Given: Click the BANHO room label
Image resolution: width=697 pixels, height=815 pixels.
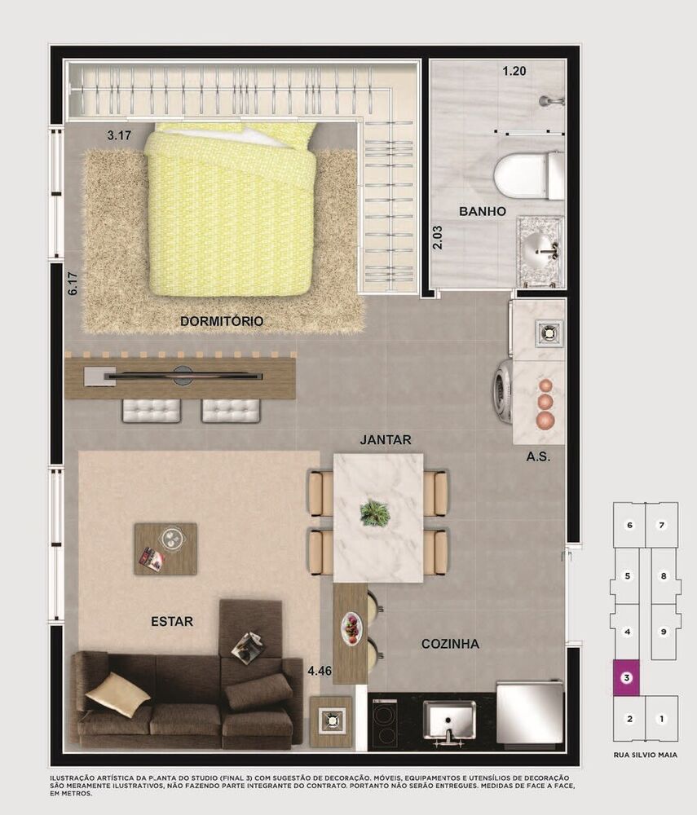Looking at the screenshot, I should [483, 212].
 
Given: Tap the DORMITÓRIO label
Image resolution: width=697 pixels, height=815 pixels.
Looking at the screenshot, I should [222, 322].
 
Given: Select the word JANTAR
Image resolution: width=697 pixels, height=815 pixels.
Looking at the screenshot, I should [386, 440].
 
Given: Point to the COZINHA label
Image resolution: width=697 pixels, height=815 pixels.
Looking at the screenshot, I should [450, 645].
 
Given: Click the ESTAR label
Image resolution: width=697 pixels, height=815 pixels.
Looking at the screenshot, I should [172, 622].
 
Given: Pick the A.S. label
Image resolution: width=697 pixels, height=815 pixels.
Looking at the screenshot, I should [538, 457].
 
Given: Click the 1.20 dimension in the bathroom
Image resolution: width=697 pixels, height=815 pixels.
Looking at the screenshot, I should [514, 72].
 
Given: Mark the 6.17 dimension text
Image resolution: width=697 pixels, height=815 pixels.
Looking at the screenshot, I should [73, 283].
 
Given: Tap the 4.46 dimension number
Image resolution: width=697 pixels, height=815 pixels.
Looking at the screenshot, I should [320, 672].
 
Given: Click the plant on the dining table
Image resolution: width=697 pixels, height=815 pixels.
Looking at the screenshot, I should [376, 513].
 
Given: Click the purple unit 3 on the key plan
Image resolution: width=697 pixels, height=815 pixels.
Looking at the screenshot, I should [626, 677].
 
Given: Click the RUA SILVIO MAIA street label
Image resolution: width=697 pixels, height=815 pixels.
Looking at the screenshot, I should [645, 756].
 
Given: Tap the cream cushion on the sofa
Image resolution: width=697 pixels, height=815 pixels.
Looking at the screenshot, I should [117, 694].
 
